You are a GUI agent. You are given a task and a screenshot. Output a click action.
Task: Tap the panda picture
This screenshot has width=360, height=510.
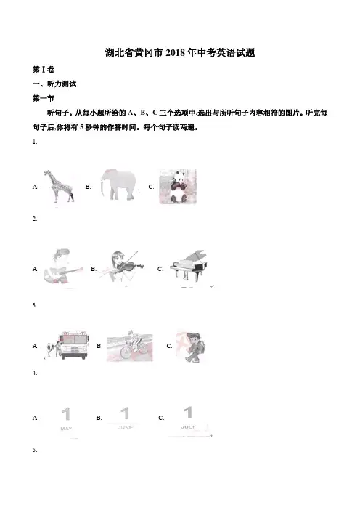click(x=177, y=187)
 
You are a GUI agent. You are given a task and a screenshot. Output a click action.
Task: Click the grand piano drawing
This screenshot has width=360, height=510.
click(x=189, y=267)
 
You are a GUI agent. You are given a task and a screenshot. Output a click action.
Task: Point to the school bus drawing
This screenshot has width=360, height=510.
click(x=67, y=345)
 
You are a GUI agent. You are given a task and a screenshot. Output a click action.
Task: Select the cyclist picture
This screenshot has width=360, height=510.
click(x=130, y=345)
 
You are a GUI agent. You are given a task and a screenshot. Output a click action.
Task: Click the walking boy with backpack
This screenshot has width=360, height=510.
click(x=192, y=347)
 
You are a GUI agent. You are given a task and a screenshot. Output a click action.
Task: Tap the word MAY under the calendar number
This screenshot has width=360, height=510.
click(x=66, y=429)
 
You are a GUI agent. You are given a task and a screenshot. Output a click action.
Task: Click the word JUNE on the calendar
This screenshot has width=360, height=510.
click(x=125, y=427)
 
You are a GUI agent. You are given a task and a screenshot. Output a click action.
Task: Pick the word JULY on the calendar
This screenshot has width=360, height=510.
click(x=188, y=426)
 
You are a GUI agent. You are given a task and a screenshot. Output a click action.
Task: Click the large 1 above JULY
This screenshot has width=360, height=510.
click(x=188, y=413)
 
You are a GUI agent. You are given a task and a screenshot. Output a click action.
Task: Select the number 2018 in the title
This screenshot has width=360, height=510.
click(x=176, y=53)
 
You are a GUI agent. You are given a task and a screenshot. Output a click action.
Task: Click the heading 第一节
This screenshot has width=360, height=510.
click(x=44, y=98)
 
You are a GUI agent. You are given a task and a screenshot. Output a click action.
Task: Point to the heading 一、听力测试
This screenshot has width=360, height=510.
click(x=54, y=84)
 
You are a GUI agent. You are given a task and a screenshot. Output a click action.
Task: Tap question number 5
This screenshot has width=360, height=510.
click(x=35, y=450)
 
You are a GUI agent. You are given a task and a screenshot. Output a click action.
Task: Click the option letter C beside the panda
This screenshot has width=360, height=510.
click(x=151, y=187)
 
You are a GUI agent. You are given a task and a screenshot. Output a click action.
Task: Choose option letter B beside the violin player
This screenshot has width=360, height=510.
click(x=94, y=269)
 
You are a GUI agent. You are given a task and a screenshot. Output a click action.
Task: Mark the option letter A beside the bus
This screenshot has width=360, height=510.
click(x=36, y=346)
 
